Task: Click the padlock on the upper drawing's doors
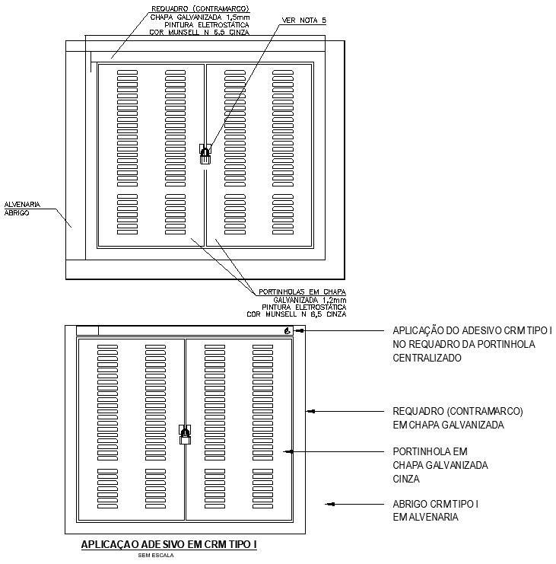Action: (204, 155)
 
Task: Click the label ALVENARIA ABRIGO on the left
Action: (22, 209)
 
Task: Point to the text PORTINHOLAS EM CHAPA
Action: (302, 292)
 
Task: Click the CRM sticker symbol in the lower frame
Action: (287, 330)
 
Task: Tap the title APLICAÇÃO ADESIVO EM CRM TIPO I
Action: (169, 545)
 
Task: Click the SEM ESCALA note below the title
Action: (155, 556)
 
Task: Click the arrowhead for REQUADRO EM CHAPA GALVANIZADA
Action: (310, 411)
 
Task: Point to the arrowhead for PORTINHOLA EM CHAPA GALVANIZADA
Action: (287, 451)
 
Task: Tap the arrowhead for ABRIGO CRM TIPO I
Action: (329, 503)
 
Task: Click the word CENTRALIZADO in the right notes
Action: (427, 358)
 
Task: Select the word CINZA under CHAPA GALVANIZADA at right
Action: (407, 479)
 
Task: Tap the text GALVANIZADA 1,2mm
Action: (311, 299)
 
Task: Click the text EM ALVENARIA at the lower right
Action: (426, 518)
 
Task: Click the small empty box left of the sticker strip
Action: (88, 330)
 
